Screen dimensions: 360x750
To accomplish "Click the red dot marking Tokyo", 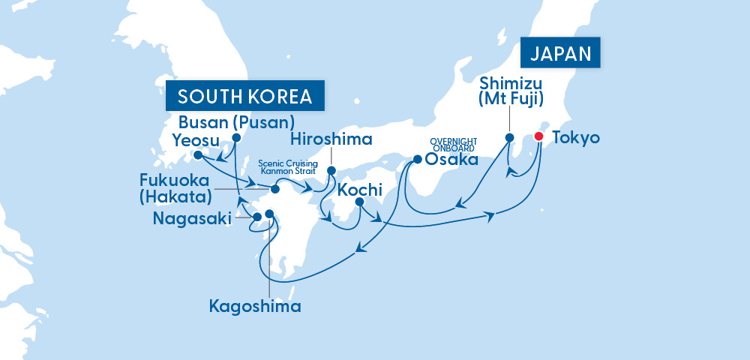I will [x=538, y=137].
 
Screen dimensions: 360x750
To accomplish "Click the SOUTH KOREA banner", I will [x=244, y=97].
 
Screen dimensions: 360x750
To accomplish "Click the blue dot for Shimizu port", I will [x=509, y=138].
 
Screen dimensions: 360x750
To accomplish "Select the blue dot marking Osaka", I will [x=417, y=159].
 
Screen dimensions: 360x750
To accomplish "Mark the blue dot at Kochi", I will [x=359, y=202].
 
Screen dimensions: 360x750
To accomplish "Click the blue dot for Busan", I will [x=236, y=138].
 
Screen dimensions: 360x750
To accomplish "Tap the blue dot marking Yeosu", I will [x=197, y=155].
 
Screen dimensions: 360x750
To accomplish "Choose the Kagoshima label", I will [x=255, y=306].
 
